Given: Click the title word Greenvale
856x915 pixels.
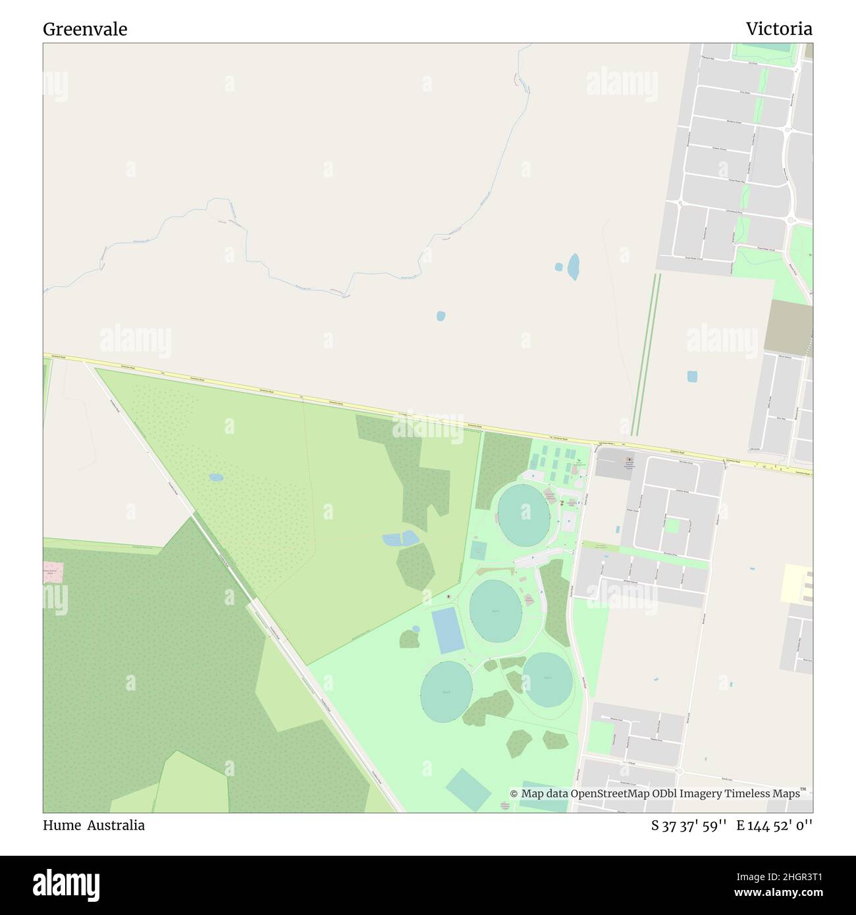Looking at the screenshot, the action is (x=85, y=29).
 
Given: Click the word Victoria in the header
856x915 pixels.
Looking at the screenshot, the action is (x=778, y=29).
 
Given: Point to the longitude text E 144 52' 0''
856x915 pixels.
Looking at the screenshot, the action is (x=774, y=825).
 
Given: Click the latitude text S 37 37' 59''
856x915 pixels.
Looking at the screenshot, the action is (x=689, y=825).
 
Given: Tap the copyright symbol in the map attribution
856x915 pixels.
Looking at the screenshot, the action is (x=514, y=793).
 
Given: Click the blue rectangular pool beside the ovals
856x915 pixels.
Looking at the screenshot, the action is (x=448, y=631).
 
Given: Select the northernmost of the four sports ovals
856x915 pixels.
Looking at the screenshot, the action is (x=523, y=515).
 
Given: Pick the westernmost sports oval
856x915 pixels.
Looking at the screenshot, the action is (x=446, y=691).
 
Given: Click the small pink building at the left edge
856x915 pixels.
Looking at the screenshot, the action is (x=53, y=571).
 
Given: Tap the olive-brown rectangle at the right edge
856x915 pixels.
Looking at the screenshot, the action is (x=788, y=327).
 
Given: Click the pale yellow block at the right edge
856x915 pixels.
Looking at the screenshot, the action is (x=796, y=583).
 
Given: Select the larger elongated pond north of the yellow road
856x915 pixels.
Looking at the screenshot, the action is (x=574, y=267).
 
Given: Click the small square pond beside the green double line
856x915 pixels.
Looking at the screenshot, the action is (x=692, y=377).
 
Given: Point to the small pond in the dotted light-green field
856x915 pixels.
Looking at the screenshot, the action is (x=215, y=477).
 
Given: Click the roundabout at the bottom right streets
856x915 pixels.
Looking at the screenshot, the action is (x=680, y=771).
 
